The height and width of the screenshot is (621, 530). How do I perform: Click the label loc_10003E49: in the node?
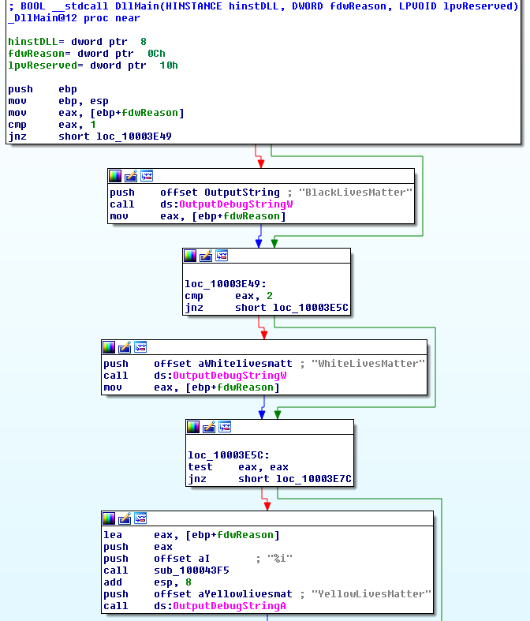[226, 284]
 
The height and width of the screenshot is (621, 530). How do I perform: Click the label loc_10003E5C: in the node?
[229, 455]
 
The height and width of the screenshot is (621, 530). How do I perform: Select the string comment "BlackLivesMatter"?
[356, 193]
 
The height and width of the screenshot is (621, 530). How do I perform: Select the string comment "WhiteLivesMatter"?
[368, 364]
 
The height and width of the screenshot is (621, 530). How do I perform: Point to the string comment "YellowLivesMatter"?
[371, 594]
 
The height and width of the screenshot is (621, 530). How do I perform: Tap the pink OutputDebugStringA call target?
[230, 606]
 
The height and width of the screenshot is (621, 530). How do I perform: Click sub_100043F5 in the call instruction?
[192, 570]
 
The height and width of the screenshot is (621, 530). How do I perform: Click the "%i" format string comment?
[280, 559]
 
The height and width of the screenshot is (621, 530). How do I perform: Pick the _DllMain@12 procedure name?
[43, 18]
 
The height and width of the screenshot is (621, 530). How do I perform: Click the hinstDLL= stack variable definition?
[36, 42]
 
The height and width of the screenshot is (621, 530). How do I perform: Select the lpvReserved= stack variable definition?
[46, 65]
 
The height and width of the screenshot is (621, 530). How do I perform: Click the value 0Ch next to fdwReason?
[156, 54]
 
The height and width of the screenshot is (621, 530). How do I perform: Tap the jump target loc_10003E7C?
[313, 479]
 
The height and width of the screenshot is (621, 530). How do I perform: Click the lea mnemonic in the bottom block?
[113, 535]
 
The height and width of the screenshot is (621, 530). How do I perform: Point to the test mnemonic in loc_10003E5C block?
[200, 467]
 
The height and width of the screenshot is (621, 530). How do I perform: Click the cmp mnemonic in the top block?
[17, 125]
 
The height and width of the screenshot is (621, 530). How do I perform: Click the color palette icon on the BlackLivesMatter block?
[115, 176]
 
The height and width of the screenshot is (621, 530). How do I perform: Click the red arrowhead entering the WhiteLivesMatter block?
[264, 335]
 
